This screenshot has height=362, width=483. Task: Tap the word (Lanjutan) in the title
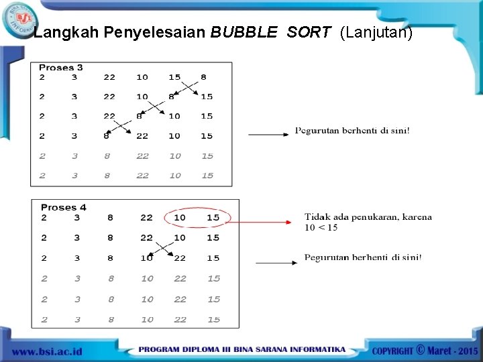pyautogui.click(x=376, y=32)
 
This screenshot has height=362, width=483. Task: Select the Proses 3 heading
pyautogui.click(x=61, y=67)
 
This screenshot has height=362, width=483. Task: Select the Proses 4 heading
pyautogui.click(x=64, y=207)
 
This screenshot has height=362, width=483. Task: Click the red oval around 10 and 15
pyautogui.click(x=197, y=218)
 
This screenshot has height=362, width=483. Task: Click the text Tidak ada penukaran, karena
pyautogui.click(x=368, y=217)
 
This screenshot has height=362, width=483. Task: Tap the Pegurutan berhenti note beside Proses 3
pyautogui.click(x=352, y=131)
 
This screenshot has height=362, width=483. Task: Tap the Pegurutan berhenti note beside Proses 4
pyautogui.click(x=363, y=257)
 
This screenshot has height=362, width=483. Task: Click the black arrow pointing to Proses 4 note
pyautogui.click(x=276, y=263)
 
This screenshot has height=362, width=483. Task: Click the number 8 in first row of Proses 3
pyautogui.click(x=203, y=77)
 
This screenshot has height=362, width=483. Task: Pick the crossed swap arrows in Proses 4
pyautogui.click(x=161, y=249)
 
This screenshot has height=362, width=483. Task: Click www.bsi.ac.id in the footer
pyautogui.click(x=46, y=351)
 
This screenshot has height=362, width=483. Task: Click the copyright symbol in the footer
pyautogui.click(x=421, y=349)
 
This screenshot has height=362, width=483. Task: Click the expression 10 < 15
pyautogui.click(x=321, y=228)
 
